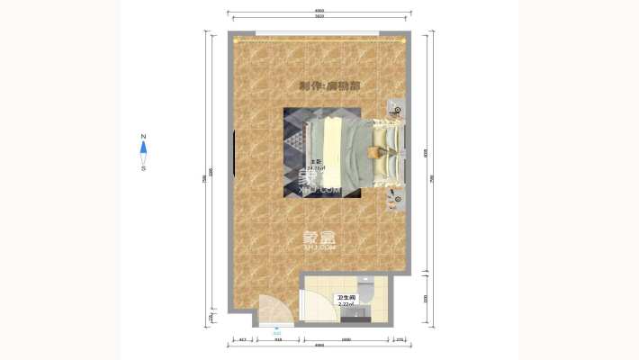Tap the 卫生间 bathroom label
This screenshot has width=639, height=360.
[346, 297]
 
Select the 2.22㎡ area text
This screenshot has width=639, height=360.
[346, 304]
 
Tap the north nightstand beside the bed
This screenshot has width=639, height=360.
[396, 111]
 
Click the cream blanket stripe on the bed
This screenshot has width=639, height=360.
[334, 152]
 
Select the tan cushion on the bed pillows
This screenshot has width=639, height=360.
[379, 152]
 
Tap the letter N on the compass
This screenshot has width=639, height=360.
[143, 138]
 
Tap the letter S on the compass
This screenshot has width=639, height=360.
[143, 167]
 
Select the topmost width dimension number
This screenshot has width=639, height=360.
[319, 11]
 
